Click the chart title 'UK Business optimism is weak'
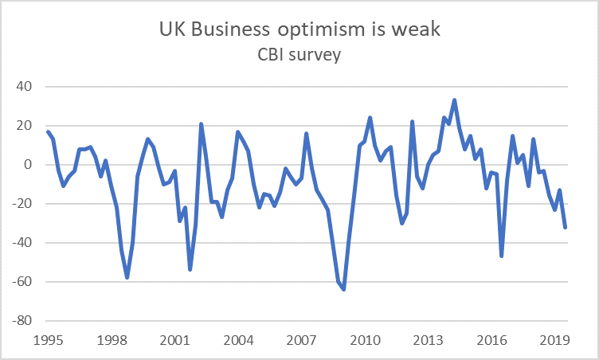tap(299, 29)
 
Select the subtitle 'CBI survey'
tap(299, 56)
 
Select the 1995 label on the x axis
tap(49, 340)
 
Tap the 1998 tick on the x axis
tap(112, 340)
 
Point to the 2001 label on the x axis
tap(175, 340)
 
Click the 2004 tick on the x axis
tap(238, 340)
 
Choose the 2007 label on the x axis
tap(301, 340)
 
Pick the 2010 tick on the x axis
tap(365, 340)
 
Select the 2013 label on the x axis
tap(428, 340)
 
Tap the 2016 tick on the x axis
tap(491, 340)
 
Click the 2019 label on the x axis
tap(554, 340)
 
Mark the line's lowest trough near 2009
tap(343, 289)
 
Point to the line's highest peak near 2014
tap(454, 100)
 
